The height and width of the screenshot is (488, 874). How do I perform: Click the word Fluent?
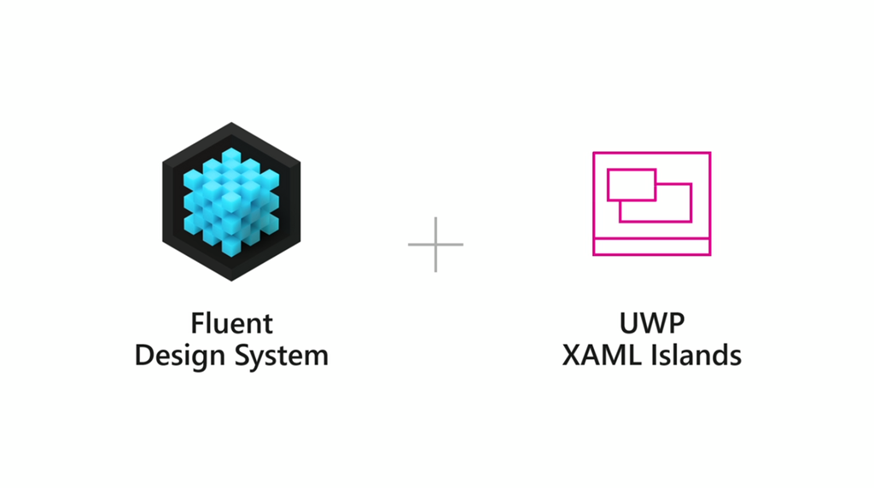(x=231, y=324)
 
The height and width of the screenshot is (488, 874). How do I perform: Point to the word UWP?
(x=652, y=324)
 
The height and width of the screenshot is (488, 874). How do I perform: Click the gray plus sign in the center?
(x=435, y=245)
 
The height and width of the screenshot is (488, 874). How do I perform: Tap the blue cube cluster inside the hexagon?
(x=231, y=201)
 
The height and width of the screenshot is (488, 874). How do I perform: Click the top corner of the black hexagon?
(x=231, y=125)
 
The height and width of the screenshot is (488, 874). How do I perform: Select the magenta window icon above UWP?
(x=652, y=203)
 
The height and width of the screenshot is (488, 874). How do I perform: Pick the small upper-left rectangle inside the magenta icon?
(x=631, y=184)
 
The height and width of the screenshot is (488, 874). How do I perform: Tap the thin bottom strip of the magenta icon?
(x=652, y=247)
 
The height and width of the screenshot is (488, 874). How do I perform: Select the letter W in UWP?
(x=653, y=324)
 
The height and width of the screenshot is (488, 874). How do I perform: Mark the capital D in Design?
(x=144, y=355)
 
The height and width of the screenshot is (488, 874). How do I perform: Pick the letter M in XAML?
(x=612, y=355)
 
